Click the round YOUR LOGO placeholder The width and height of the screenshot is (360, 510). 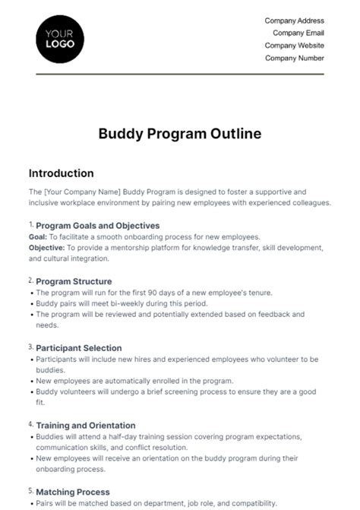tap(60, 38)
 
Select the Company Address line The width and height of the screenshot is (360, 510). tap(294, 21)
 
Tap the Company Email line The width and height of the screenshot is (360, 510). tap(298, 33)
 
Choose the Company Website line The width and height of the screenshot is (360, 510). tap(294, 46)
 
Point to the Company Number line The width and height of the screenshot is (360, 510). tap(295, 58)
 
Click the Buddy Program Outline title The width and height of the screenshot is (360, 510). tap(180, 134)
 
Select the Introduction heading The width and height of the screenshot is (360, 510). tap(61, 173)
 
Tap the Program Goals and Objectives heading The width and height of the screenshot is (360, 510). tap(97, 226)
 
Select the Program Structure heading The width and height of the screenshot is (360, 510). tap(74, 281)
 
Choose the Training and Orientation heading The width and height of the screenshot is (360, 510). tap(86, 426)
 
